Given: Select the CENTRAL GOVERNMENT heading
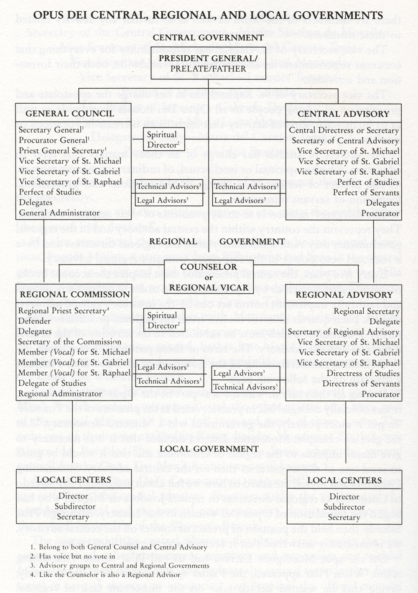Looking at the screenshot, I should (208, 38).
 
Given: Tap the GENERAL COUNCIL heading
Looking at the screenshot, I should (70, 114).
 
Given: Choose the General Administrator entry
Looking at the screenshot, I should (59, 213).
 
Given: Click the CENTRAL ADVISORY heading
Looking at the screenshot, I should (344, 114).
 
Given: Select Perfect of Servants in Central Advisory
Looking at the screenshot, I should (366, 193).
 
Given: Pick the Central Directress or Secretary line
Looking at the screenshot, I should (344, 130).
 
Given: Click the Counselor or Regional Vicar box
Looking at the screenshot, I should (209, 277).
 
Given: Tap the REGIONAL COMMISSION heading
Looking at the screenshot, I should (75, 294).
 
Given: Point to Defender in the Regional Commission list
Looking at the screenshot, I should (35, 321).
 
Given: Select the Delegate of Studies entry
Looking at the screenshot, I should (52, 383).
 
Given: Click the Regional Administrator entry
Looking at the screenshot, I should (60, 394).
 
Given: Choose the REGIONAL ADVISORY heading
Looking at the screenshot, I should (344, 295).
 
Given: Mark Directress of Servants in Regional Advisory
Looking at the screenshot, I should (361, 384).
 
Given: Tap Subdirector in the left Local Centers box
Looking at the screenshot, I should (73, 506).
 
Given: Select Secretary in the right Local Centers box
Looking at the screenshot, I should (344, 517).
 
